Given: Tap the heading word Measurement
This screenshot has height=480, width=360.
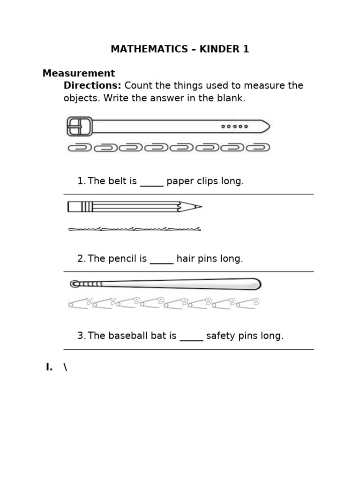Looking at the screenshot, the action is click(78, 74).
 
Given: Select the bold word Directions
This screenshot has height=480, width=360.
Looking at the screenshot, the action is click(92, 86).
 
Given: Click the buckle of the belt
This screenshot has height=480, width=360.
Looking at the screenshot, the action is click(79, 126).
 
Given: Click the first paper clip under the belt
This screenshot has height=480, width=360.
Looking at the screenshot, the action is click(80, 148).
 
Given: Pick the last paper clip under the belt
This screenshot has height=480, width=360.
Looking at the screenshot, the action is click(258, 148).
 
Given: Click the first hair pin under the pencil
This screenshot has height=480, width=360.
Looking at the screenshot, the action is click(85, 229).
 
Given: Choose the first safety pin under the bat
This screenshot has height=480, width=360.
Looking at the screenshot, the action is click(80, 303).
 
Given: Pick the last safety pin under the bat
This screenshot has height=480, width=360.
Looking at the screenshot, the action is click(247, 303).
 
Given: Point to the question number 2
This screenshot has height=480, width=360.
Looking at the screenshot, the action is click(81, 259).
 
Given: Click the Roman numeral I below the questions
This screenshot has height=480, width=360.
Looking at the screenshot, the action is click(49, 367).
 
